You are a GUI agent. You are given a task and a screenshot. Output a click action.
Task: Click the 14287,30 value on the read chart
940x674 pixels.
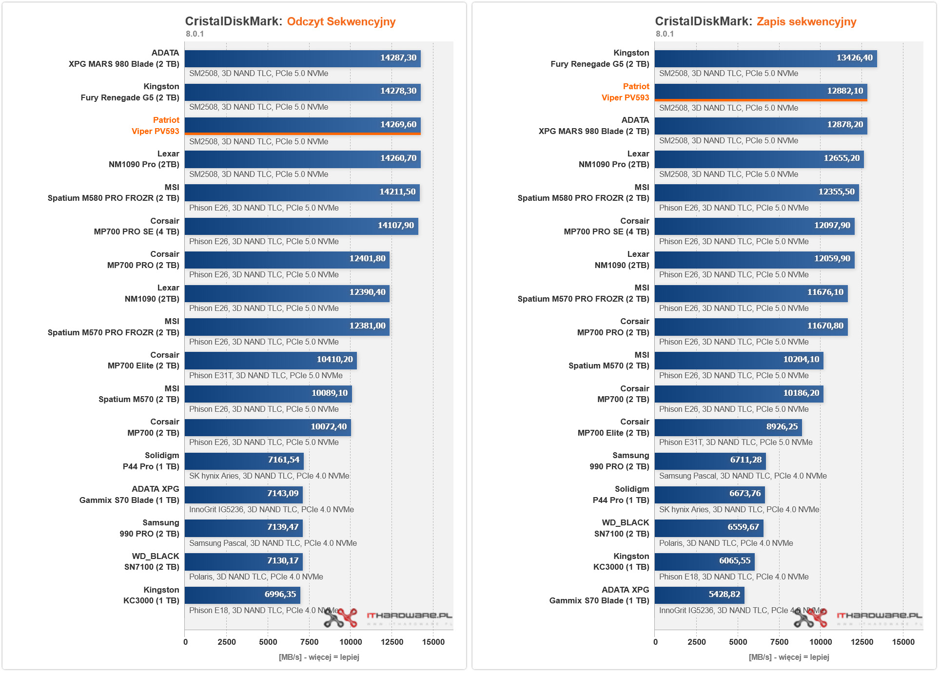[398, 58]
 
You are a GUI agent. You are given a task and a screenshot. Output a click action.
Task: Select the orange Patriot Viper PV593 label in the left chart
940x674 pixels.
[156, 126]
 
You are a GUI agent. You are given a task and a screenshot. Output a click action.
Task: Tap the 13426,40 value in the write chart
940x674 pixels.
[854, 58]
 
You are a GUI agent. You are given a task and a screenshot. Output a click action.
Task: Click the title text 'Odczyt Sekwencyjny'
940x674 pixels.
[341, 21]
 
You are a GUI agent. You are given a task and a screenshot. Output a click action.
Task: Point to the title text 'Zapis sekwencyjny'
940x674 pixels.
[806, 21]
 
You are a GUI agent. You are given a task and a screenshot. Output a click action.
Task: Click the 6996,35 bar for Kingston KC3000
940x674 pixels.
[242, 595]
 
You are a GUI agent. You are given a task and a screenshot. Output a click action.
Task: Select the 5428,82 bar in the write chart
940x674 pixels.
[699, 595]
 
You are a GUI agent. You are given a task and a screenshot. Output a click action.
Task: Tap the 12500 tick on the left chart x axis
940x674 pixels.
[392, 642]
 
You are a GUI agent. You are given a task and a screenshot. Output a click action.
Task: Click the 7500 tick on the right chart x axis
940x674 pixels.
[779, 642]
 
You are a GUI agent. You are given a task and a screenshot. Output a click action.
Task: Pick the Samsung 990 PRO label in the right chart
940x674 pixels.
[619, 461]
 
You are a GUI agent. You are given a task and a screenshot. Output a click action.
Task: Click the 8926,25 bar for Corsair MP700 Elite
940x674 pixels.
[728, 427]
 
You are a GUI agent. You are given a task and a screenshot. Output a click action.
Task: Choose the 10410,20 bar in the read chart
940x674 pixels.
[271, 360]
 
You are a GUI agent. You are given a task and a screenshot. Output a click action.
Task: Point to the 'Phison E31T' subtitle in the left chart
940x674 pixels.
[266, 376]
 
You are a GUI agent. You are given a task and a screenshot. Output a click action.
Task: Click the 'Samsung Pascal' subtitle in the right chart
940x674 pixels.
[743, 476]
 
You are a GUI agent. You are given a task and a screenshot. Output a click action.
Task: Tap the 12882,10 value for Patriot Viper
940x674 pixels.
[844, 91]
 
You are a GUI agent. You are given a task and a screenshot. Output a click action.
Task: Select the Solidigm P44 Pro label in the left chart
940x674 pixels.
[151, 461]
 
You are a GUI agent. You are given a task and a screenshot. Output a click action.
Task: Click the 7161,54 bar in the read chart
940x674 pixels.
[244, 461]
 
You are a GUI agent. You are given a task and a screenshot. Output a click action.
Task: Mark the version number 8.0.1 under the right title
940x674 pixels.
[665, 34]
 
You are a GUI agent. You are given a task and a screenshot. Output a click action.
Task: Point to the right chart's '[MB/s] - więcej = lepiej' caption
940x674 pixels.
[788, 657]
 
